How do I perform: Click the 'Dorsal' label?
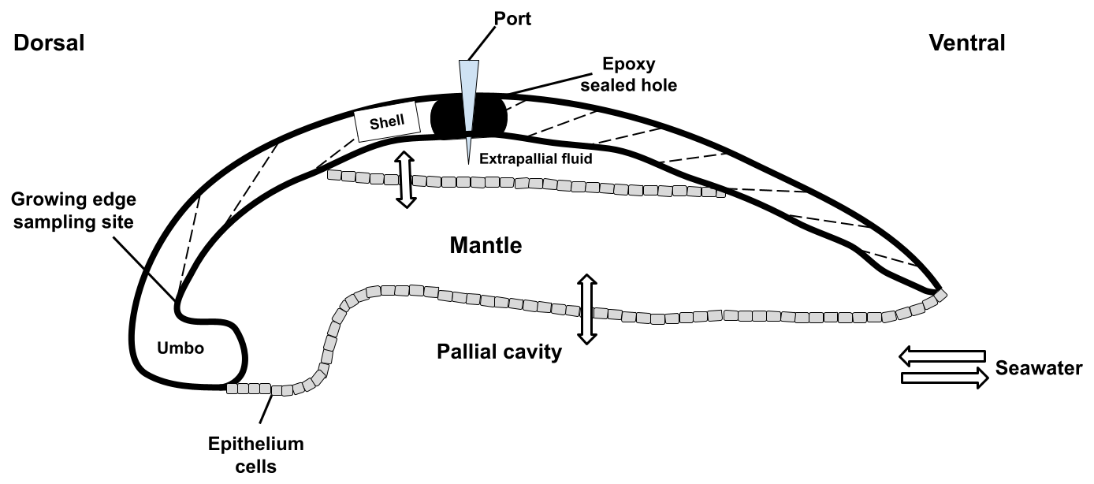click(x=49, y=43)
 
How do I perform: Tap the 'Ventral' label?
click(x=967, y=43)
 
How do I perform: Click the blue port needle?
click(x=468, y=95)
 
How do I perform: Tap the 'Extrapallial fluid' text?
click(x=536, y=158)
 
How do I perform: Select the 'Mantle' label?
click(x=486, y=245)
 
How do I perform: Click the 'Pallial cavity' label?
click(x=499, y=352)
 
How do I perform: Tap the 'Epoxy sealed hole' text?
click(x=628, y=75)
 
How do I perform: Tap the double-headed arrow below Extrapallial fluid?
click(x=405, y=180)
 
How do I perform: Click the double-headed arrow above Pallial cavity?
click(x=585, y=308)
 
